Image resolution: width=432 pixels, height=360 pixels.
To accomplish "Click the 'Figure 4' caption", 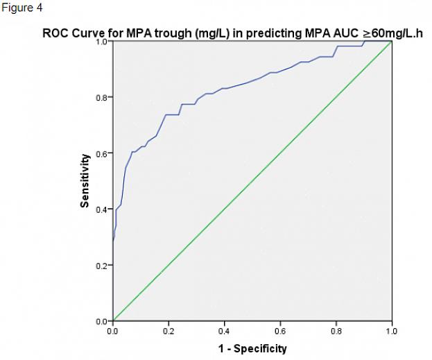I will coord(23,8).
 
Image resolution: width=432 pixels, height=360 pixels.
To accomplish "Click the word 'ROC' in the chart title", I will coord(55,33).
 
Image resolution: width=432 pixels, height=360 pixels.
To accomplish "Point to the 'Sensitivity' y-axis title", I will coord(85,180).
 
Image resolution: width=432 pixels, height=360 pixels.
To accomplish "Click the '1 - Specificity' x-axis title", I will coord(252,348).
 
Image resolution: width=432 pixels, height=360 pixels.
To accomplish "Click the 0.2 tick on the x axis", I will coord(169,332).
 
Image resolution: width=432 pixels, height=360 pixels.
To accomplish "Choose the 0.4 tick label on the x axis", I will coord(225,332).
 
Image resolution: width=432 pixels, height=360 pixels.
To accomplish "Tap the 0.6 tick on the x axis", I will coord(280,332).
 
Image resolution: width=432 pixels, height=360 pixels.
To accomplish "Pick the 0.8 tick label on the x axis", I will coord(336,332).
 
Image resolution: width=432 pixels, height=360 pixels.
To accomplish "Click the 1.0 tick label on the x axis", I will coord(392,332).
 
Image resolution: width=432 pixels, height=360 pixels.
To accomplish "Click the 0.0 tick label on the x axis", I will coord(112,332).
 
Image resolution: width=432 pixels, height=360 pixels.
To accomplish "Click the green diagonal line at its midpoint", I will coord(252,181).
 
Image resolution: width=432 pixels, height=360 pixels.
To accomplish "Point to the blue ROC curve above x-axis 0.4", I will coord(225,88).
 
